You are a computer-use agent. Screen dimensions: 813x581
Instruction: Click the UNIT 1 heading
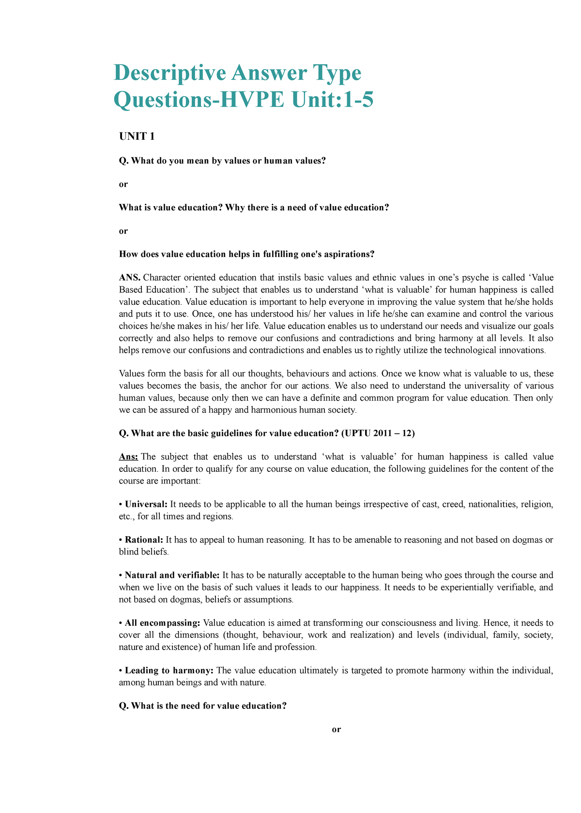[137, 136]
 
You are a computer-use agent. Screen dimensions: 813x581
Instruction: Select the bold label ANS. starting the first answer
[130, 278]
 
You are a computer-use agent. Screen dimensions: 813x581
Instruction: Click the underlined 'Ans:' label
[128, 457]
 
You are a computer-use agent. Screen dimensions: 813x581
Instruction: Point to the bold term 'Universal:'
[146, 504]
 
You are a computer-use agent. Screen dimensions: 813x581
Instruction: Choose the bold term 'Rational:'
[144, 540]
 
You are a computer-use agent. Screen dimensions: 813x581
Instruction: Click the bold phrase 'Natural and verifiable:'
[172, 575]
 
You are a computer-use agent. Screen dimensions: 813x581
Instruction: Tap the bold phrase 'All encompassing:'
[162, 623]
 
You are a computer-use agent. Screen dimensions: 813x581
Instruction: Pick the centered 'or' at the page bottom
[336, 729]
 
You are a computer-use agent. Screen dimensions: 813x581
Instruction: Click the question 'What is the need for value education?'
[209, 706]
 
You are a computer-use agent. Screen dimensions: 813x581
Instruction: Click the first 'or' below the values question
[123, 184]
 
